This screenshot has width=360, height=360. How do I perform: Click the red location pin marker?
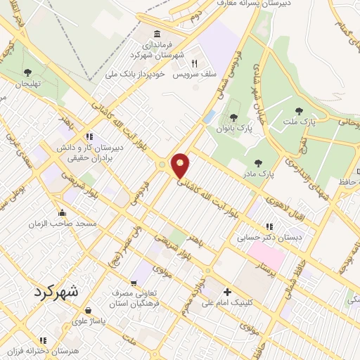click(x=181, y=165)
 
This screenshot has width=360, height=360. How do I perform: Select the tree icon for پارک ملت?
click(x=300, y=110)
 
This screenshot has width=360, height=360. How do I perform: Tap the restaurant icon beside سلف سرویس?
click(x=184, y=63)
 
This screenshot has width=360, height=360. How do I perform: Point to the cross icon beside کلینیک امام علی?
click(x=226, y=292)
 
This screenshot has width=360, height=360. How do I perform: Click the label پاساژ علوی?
click(x=89, y=321)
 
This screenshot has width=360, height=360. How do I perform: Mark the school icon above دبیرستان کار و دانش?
click(x=89, y=136)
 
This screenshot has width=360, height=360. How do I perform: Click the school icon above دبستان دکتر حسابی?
click(x=269, y=226)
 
